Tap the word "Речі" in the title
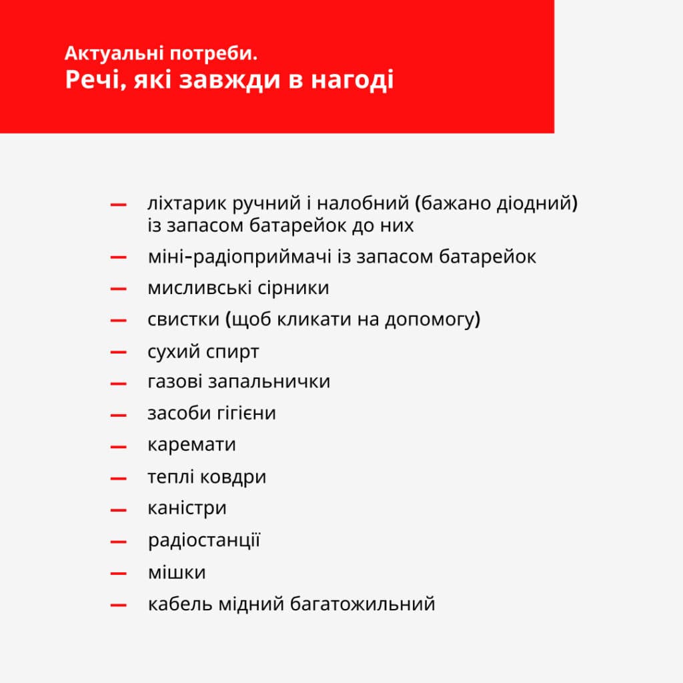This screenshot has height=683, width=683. pyautogui.click(x=91, y=81)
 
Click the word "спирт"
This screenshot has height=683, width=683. pyautogui.click(x=233, y=352)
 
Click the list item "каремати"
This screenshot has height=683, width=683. pyautogui.click(x=191, y=445)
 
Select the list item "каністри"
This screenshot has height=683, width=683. pyautogui.click(x=187, y=508)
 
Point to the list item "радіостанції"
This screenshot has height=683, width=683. pyautogui.click(x=203, y=540)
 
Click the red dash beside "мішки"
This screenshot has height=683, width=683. pyautogui.click(x=119, y=573)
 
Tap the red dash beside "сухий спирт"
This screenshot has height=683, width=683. pyautogui.click(x=119, y=352)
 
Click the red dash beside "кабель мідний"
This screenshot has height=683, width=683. pyautogui.click(x=119, y=605)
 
